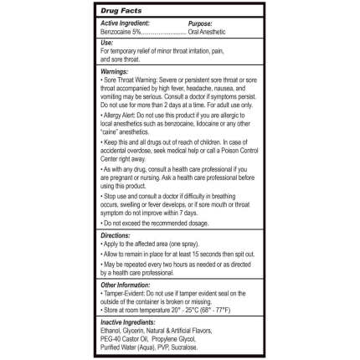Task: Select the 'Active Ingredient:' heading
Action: point(122,23)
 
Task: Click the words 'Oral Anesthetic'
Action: point(203,30)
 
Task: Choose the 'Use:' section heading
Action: point(106,42)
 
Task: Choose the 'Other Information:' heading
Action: point(126,285)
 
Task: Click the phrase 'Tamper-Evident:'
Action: point(121,293)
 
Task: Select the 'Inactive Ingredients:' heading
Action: point(127,322)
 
